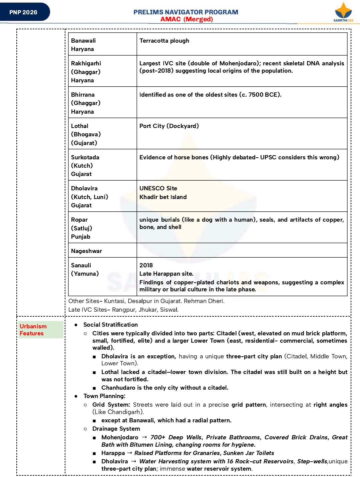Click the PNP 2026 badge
coord(23,12)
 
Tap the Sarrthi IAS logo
coord(343,12)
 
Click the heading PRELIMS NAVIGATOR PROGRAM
coord(186,12)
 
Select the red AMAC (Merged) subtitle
coord(187,19)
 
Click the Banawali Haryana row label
coord(83,45)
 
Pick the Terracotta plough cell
coord(164,41)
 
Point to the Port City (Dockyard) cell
coord(169,126)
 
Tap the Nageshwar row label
coord(86,251)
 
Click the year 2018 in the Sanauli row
coord(146,265)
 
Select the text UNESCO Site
coord(158,188)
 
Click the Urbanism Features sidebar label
coord(33,330)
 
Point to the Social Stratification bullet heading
coord(110,325)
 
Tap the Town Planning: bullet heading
coord(104,396)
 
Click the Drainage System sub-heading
coord(116,429)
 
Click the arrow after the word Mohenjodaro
coord(144,437)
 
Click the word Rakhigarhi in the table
coord(86,63)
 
